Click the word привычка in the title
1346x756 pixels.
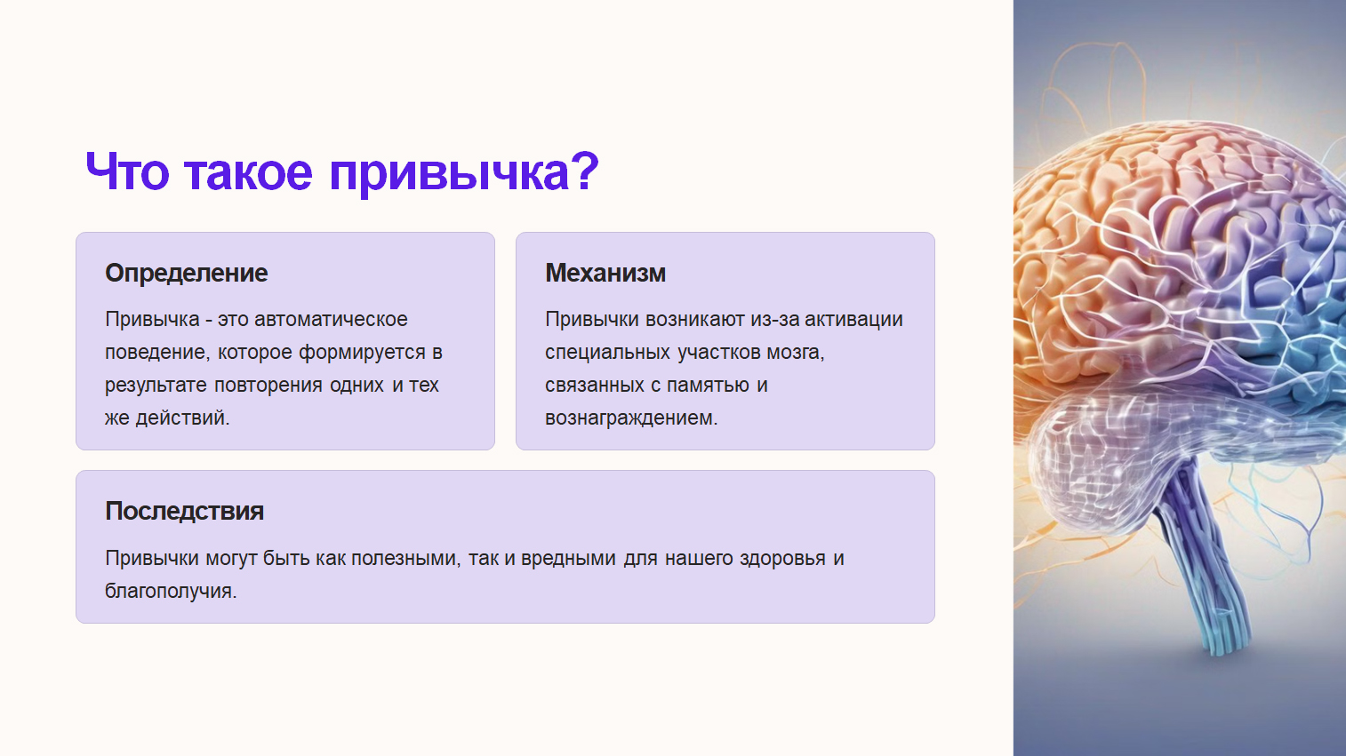coord(449,173)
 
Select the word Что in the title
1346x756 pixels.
coord(127,171)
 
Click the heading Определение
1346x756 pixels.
coord(187,274)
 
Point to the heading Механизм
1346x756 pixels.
coord(605,274)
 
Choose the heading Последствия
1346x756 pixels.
coord(184,511)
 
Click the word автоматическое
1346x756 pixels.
coord(331,319)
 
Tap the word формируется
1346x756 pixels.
coord(363,353)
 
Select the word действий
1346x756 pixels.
coord(182,418)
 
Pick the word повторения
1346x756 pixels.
coord(268,385)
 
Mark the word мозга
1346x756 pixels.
coord(796,353)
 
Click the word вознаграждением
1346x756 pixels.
coord(631,418)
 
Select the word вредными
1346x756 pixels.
coord(568,559)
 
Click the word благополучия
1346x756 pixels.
coord(171,591)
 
